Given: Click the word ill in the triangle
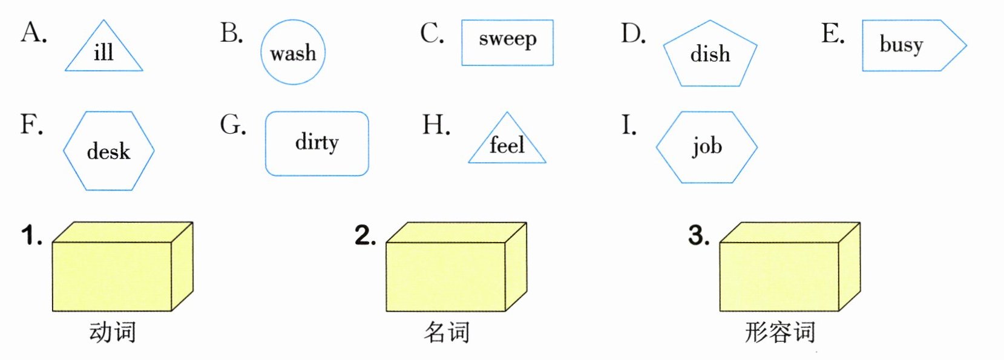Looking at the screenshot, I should pyautogui.click(x=103, y=52).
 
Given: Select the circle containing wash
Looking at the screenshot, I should pyautogui.click(x=293, y=53).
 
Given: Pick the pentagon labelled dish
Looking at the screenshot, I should pyautogui.click(x=710, y=54).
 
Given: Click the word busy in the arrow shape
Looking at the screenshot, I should pyautogui.click(x=901, y=45).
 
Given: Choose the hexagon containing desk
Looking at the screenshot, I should pyautogui.click(x=108, y=151).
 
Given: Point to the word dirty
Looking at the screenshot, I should pyautogui.click(x=317, y=143).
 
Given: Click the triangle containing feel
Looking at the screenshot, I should pyautogui.click(x=507, y=145).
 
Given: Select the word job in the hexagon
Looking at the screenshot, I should pyautogui.click(x=707, y=146).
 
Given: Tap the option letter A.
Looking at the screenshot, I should pyautogui.click(x=33, y=33).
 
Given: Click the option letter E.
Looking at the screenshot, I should pyautogui.click(x=832, y=34).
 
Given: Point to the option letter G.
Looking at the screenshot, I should pyautogui.click(x=232, y=125).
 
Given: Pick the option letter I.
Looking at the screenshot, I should pyautogui.click(x=629, y=125).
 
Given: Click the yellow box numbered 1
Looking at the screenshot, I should pyautogui.click(x=121, y=269).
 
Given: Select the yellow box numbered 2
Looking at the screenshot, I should pyautogui.click(x=455, y=269).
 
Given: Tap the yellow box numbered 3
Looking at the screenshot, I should pyautogui.click(x=789, y=269).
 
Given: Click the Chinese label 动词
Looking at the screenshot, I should pyautogui.click(x=113, y=332).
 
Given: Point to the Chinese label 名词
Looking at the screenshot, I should pyautogui.click(x=447, y=332).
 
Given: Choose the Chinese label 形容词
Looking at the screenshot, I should pyautogui.click(x=780, y=332).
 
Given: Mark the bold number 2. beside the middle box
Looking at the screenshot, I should pyautogui.click(x=365, y=235).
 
